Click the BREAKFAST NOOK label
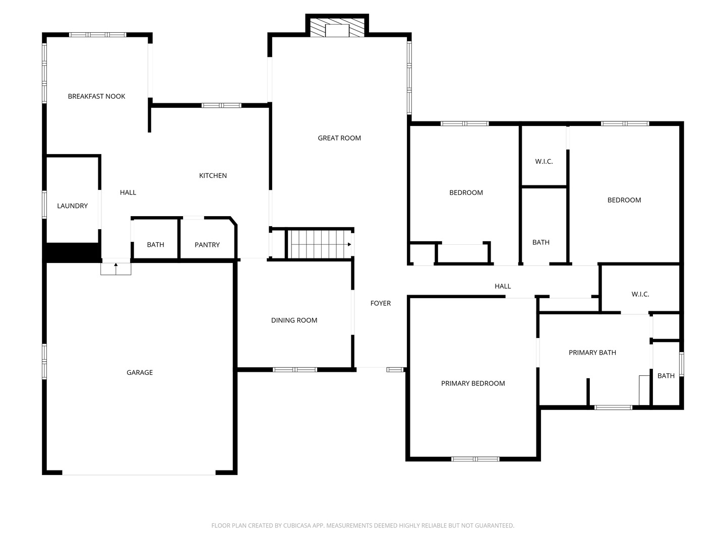[96, 96]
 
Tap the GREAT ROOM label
[339, 138]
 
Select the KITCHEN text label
[213, 175]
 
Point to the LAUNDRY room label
[72, 206]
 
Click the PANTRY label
[207, 245]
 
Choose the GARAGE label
[140, 372]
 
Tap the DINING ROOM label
[294, 320]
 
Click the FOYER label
[380, 303]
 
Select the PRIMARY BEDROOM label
[472, 383]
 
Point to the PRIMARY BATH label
[592, 353]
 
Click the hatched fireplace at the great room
[337, 27]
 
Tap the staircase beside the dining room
[319, 244]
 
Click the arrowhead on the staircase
[349, 244]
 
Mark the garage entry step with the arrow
[116, 268]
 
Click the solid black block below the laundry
[73, 253]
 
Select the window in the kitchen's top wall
[221, 105]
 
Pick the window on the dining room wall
[295, 370]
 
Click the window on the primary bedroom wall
[475, 459]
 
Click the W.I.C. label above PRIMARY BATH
[640, 294]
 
